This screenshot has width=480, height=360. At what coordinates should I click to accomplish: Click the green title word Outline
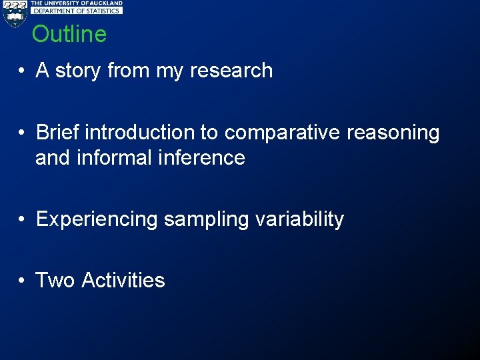coord(69,34)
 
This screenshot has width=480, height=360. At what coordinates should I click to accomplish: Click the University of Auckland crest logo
coord(14,13)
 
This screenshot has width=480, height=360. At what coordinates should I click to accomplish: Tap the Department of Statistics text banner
coord(77,11)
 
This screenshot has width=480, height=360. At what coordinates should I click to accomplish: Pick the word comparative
coord(282,133)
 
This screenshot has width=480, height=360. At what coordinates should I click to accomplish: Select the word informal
coord(115,158)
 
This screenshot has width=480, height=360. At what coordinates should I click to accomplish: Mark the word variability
coord(299,220)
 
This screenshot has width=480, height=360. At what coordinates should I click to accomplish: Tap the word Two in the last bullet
coord(55,280)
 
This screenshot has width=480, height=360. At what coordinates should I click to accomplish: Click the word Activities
coord(123,280)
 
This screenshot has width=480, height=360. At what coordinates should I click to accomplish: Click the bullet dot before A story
coord(22,71)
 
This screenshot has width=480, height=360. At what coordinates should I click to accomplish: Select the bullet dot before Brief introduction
coord(22,133)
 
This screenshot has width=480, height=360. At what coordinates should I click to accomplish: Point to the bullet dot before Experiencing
coord(22,220)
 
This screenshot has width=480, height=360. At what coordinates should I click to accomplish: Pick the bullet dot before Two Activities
coord(22,281)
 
